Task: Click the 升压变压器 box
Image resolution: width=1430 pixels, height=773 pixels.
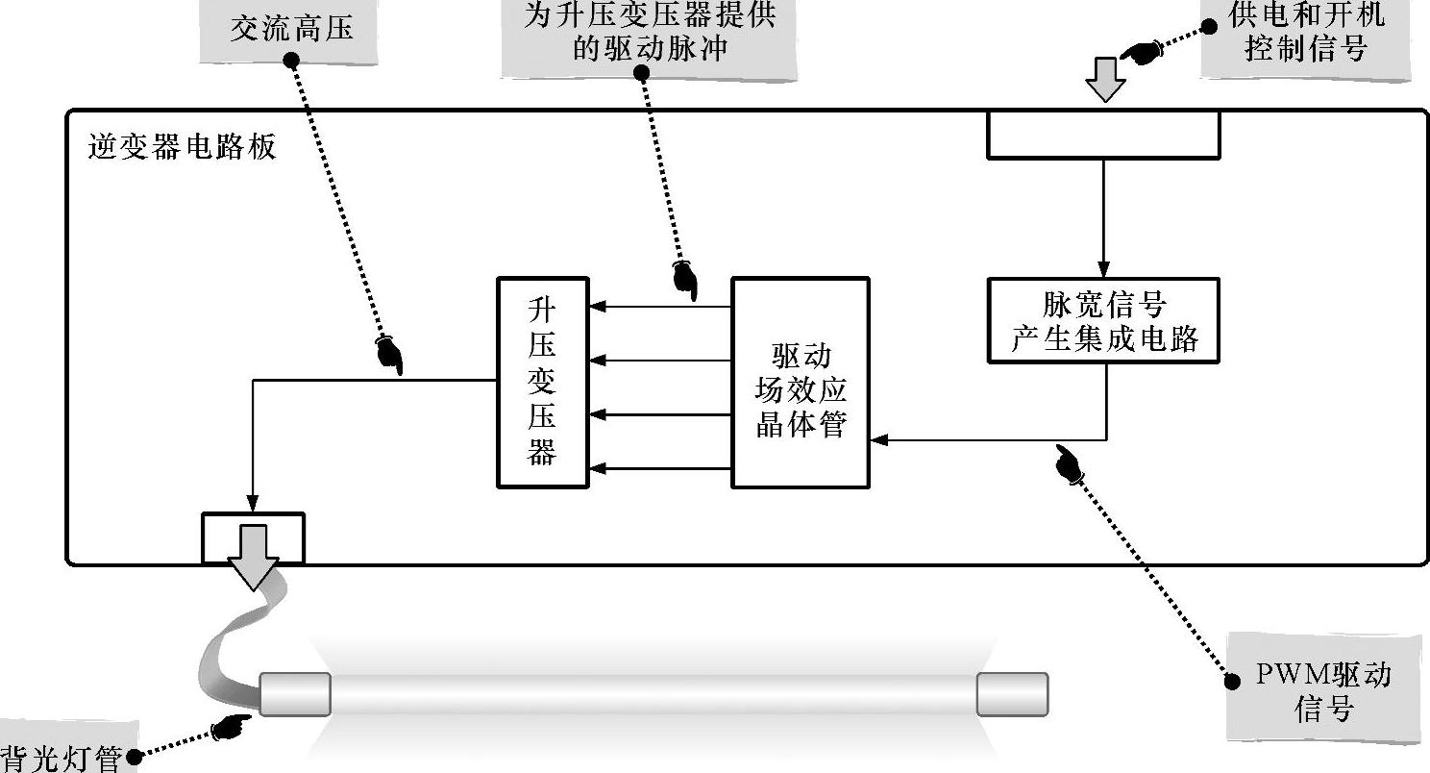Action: (542, 382)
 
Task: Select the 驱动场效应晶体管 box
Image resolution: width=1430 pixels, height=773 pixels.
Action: (801, 382)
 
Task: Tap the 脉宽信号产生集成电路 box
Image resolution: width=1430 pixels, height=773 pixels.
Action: (1103, 320)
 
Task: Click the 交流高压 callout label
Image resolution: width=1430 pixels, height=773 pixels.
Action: (290, 28)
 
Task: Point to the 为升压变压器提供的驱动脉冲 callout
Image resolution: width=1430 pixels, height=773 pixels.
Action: (649, 35)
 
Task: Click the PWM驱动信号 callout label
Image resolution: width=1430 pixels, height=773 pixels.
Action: (1322, 689)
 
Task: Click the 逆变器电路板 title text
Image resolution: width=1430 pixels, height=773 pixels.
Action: (182, 147)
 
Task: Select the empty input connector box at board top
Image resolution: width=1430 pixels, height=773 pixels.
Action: (1103, 135)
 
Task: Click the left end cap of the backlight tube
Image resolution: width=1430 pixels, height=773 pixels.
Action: (295, 693)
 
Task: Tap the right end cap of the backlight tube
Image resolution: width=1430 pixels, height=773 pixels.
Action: (1012, 693)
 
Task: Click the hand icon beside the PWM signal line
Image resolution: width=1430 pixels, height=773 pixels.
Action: (1068, 463)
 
